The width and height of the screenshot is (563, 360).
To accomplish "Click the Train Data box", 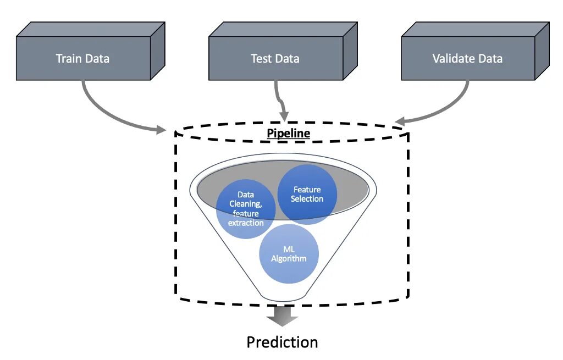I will pyautogui.click(x=83, y=58).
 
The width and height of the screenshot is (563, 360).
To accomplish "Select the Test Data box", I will pyautogui.click(x=275, y=58).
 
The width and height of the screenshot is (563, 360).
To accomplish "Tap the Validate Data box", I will pyautogui.click(x=467, y=58).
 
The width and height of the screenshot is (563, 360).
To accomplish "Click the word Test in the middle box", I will pyautogui.click(x=261, y=58).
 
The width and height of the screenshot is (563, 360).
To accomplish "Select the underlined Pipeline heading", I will pyautogui.click(x=288, y=133).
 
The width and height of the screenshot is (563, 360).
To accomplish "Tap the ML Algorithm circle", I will pyautogui.click(x=289, y=253).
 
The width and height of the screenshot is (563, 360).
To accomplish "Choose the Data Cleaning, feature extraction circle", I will pyautogui.click(x=246, y=209).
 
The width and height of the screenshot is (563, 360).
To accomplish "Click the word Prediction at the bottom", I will pyautogui.click(x=282, y=342).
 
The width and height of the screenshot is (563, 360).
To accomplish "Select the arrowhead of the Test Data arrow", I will pyautogui.click(x=284, y=117).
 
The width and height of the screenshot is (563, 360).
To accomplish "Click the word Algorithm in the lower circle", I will pyautogui.click(x=289, y=258).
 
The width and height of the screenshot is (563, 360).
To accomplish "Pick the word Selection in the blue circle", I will pyautogui.click(x=307, y=199).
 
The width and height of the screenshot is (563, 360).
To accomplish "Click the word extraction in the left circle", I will pyautogui.click(x=246, y=223).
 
